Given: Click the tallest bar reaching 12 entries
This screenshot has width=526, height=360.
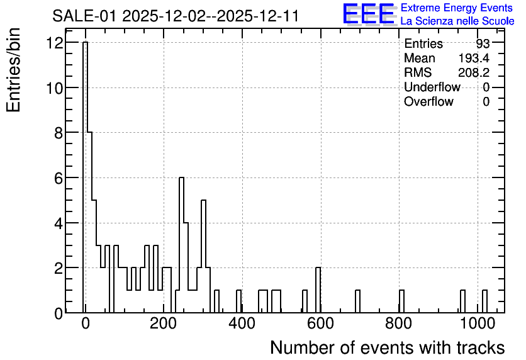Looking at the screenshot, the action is click(x=85, y=177).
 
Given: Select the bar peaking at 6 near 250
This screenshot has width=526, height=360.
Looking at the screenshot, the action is click(x=181, y=245).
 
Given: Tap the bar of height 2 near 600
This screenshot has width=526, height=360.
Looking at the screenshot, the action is click(x=318, y=290).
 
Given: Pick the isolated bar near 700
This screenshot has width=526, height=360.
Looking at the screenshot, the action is click(x=357, y=301).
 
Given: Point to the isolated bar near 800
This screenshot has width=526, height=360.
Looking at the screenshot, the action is click(x=401, y=301).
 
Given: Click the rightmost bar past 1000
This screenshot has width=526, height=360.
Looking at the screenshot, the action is click(x=484, y=301).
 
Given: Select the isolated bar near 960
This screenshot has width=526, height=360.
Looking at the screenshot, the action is click(x=462, y=301).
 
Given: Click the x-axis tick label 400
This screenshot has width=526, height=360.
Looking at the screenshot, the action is click(x=242, y=323).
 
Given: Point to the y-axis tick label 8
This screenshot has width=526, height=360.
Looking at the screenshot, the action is click(x=59, y=133).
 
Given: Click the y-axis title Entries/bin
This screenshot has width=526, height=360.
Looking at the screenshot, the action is click(x=13, y=70).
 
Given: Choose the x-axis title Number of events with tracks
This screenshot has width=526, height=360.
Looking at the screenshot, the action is click(x=388, y=347).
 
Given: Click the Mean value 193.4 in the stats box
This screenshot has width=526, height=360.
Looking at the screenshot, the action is click(x=474, y=58).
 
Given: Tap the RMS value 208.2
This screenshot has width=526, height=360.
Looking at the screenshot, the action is click(x=474, y=72).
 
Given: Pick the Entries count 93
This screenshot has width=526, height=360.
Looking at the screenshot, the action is click(x=483, y=43).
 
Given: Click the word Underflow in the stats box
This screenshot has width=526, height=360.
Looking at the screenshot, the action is click(x=432, y=87).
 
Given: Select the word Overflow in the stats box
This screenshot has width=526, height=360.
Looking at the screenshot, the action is click(x=428, y=101).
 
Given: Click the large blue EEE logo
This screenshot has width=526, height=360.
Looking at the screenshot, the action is click(x=369, y=14).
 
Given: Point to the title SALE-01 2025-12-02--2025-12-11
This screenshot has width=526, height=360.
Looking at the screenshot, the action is click(x=176, y=16).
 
